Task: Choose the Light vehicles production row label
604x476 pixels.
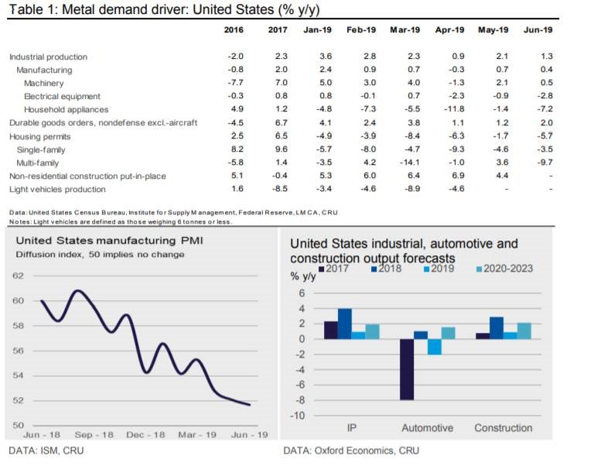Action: [57, 189]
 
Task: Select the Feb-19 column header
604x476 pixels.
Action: [362, 29]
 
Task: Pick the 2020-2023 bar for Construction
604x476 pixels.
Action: [524, 330]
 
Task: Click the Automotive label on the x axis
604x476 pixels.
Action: [427, 428]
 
